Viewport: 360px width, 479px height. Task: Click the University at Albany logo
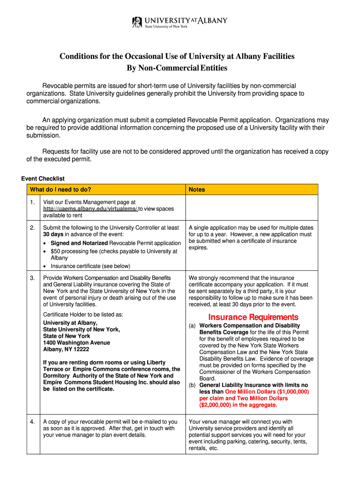click(180, 22)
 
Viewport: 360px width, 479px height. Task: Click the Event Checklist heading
click(43, 179)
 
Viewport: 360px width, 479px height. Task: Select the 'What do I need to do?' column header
click(60, 189)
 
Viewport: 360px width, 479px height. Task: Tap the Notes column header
click(197, 189)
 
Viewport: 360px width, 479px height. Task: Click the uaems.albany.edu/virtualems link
click(90, 209)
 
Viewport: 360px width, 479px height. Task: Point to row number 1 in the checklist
click(32, 202)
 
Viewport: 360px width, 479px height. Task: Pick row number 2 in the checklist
click(32, 228)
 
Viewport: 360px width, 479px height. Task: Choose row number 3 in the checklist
click(32, 278)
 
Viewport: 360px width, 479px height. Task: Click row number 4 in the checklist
click(32, 422)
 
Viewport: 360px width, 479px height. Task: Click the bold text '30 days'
click(53, 234)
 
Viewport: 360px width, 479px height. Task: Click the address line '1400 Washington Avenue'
click(77, 343)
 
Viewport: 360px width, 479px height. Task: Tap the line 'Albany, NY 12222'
click(66, 349)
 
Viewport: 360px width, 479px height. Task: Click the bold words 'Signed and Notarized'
click(79, 243)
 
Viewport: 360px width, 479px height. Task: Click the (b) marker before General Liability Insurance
click(192, 385)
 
